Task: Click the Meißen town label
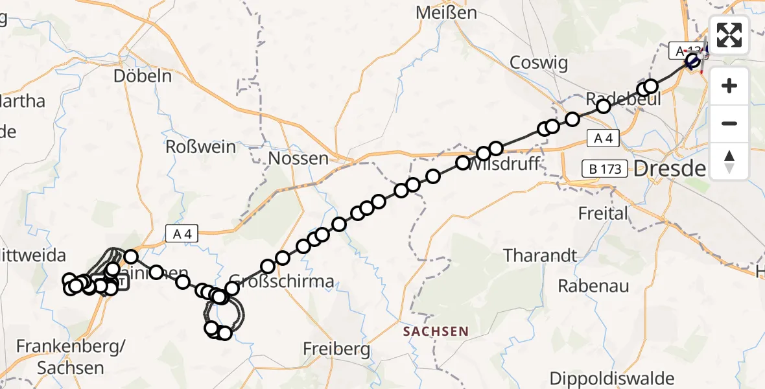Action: click(x=447, y=13)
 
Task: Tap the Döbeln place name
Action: click(x=143, y=76)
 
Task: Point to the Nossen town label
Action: click(x=298, y=158)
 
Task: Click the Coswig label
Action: click(x=539, y=63)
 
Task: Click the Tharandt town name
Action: click(x=540, y=255)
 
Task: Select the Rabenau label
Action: click(x=593, y=285)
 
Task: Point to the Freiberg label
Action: click(x=337, y=349)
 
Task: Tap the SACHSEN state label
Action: click(x=436, y=331)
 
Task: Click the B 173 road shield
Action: click(x=604, y=169)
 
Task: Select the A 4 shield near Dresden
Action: click(x=603, y=137)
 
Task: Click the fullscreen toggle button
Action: click(x=729, y=35)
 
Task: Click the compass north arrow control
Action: click(x=729, y=161)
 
